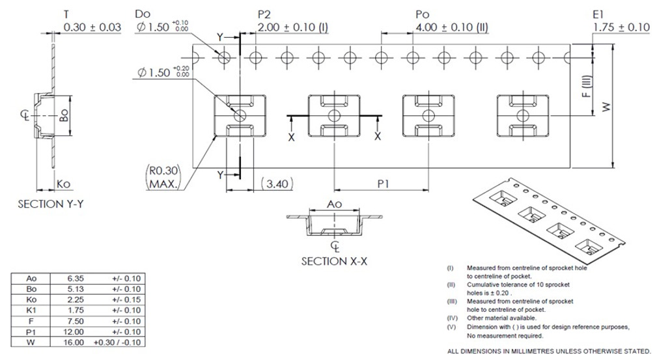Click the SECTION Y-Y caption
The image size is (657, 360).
pyautogui.click(x=51, y=204)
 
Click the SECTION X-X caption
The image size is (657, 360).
pyautogui.click(x=334, y=261)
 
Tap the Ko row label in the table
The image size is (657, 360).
pyautogui.click(x=31, y=299)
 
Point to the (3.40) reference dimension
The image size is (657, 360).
pyautogui.click(x=273, y=184)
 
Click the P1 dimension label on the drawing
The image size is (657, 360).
pyautogui.click(x=383, y=184)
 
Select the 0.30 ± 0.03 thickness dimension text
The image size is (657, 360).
pyautogui.click(x=92, y=27)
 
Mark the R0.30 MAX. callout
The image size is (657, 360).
pyautogui.click(x=163, y=178)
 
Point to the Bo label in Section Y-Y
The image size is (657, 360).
pyautogui.click(x=64, y=116)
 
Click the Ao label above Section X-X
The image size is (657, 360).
pyautogui.click(x=334, y=204)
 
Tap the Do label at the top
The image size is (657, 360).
pyautogui.click(x=143, y=14)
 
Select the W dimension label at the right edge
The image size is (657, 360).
pyautogui.click(x=606, y=107)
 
